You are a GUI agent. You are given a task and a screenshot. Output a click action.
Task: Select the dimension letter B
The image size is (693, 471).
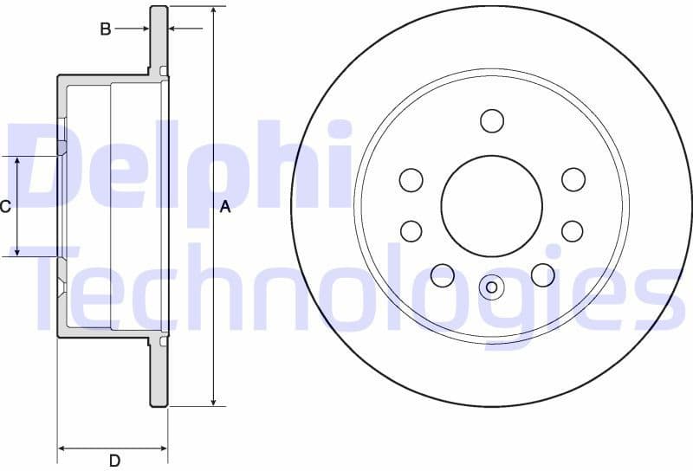tap(106, 29)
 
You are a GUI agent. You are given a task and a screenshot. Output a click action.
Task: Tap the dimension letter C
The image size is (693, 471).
tap(4, 207)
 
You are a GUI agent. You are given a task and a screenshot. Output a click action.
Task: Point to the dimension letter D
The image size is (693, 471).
tap(113, 461)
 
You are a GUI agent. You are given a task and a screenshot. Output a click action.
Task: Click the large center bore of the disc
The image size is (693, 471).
tap(491, 205)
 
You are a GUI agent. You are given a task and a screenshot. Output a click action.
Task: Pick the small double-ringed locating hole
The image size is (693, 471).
tap(491, 287)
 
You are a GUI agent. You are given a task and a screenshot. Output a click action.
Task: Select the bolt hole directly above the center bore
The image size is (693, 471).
tap(492, 120)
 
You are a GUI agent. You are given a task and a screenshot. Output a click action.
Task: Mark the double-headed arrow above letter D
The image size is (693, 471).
tap(113, 448)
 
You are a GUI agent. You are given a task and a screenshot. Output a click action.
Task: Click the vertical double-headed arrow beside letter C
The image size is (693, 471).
tap(18, 207)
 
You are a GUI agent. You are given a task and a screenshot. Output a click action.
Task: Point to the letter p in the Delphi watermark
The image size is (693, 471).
tap(216, 177)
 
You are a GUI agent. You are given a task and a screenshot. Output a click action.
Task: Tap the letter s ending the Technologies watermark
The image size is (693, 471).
tap(663, 300)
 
